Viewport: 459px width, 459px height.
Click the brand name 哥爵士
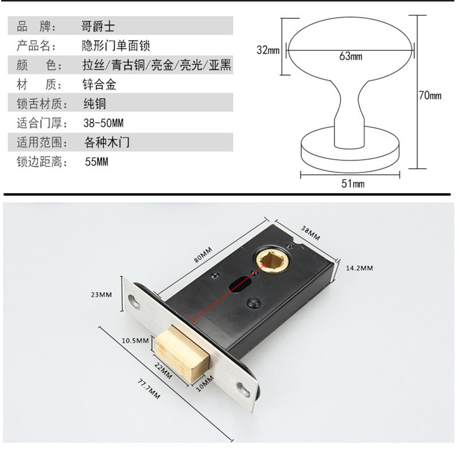99,26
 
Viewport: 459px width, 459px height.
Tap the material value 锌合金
99,85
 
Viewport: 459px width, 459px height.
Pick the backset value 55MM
96,162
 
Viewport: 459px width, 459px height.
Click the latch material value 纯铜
94,104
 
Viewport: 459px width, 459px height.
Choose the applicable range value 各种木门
106,142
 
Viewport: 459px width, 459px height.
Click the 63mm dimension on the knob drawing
351,56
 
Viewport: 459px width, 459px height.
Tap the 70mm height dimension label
430,96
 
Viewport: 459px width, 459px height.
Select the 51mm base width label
352,184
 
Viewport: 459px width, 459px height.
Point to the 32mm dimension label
268,50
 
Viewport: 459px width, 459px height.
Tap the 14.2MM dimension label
359,268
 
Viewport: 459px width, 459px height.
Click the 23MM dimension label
101,295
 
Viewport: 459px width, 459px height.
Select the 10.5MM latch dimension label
135,340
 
